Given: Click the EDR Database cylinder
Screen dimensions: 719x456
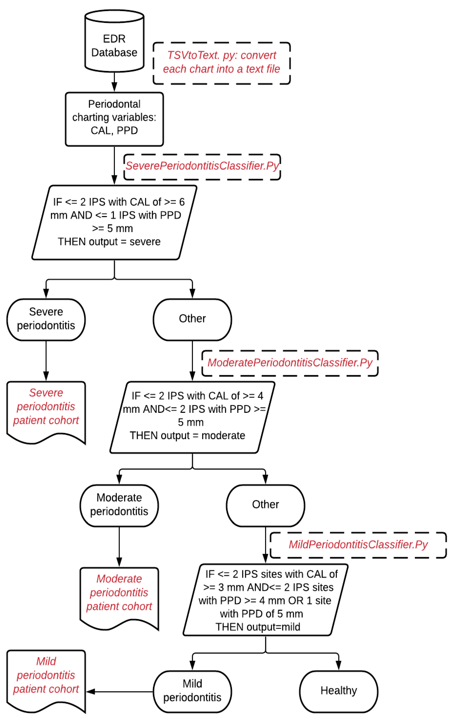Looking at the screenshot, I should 114,42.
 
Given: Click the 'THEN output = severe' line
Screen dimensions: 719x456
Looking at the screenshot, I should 109,242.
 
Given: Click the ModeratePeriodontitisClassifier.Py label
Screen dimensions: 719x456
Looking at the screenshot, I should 290,363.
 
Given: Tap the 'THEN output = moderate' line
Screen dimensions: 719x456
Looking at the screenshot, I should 187,436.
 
